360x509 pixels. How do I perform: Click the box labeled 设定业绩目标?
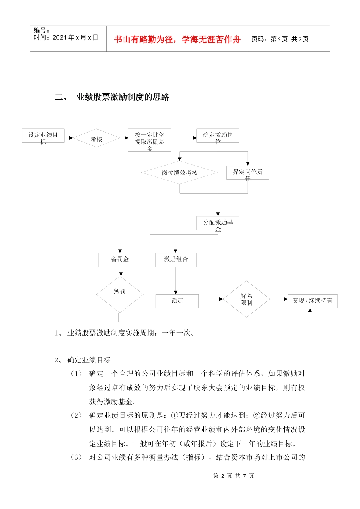click(43, 136)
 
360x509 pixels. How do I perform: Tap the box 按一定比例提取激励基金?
click(150, 140)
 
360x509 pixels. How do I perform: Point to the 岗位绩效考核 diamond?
click(180, 173)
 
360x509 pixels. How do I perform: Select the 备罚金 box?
click(120, 260)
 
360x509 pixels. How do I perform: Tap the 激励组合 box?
click(176, 260)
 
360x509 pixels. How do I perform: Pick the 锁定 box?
click(177, 301)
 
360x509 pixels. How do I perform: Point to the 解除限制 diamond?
click(246, 299)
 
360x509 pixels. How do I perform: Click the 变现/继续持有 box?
click(312, 301)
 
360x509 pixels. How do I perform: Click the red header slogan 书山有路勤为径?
click(177, 39)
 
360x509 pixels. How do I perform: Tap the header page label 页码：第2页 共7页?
click(280, 39)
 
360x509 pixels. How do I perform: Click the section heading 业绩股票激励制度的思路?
click(123, 97)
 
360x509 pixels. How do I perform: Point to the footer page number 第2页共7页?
click(233, 476)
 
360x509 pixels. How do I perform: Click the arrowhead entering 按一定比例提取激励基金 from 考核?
click(127, 138)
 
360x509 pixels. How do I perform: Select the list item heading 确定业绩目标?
click(89, 360)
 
